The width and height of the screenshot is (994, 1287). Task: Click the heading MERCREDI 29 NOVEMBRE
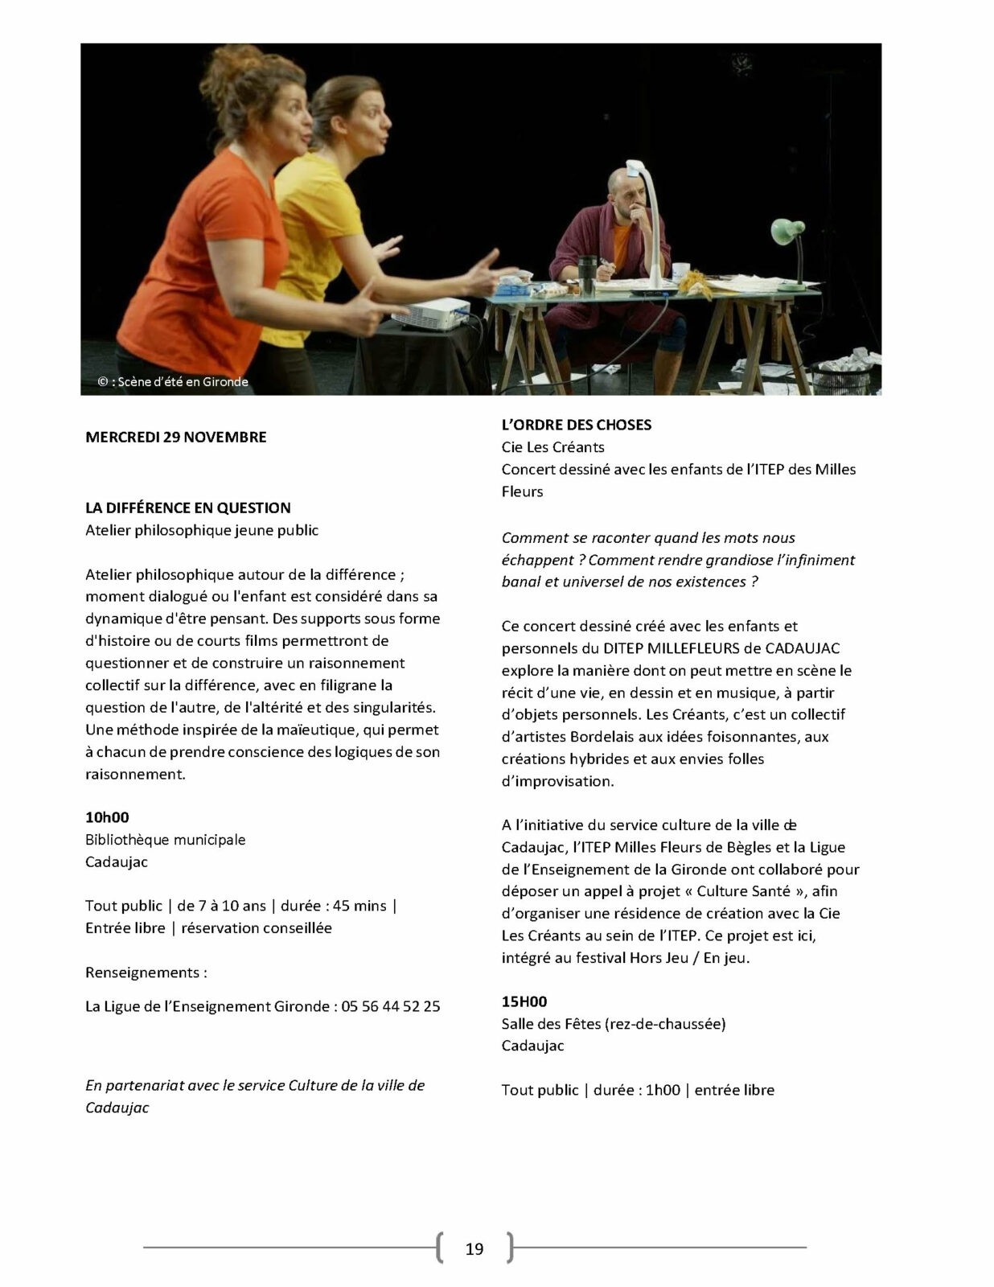(x=175, y=437)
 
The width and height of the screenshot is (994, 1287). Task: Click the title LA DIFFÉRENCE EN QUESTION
(x=187, y=508)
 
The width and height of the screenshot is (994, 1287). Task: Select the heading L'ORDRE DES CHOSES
(x=576, y=424)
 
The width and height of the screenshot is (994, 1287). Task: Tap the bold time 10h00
(x=107, y=817)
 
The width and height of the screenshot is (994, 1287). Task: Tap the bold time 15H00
(x=524, y=1001)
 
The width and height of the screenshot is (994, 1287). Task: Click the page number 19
(x=474, y=1248)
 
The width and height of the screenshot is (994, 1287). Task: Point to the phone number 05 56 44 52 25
(x=391, y=1006)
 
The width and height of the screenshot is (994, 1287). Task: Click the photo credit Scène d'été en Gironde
(x=174, y=382)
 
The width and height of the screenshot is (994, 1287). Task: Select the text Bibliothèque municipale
(x=165, y=840)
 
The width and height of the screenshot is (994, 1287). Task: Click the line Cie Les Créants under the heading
(x=552, y=446)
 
